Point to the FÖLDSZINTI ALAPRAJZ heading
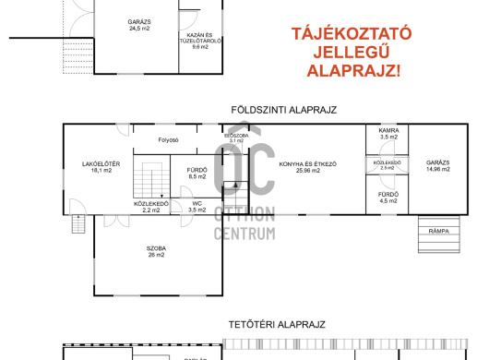[x=284, y=109]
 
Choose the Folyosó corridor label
[x=167, y=141]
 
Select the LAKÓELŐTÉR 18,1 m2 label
[x=96, y=168]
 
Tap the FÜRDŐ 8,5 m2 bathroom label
[x=197, y=173]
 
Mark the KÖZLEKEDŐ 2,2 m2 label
[x=150, y=207]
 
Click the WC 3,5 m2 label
[x=197, y=207]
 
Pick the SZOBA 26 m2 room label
[x=154, y=252]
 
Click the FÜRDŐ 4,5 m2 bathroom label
[x=388, y=197]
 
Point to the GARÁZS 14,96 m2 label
[x=438, y=167]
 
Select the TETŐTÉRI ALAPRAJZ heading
[x=277, y=325]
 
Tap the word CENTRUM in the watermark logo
[x=244, y=234]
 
